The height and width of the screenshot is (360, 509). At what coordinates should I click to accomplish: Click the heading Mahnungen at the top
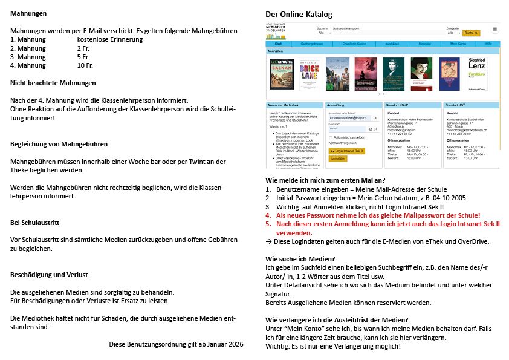[28, 13]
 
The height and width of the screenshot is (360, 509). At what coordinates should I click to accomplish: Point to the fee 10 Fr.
[85, 65]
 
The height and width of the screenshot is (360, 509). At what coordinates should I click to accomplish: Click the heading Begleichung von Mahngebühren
[59, 144]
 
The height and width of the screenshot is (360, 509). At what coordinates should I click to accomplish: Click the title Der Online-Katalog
[299, 14]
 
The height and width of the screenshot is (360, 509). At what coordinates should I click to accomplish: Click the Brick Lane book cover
[309, 74]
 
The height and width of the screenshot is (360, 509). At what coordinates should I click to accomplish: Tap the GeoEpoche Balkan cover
[281, 74]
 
